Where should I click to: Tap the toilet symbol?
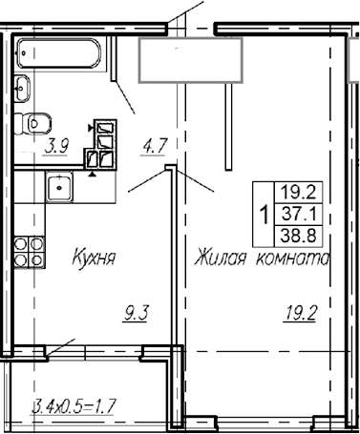pyautogui.click(x=37, y=122)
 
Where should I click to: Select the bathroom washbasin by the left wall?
pyautogui.click(x=22, y=89)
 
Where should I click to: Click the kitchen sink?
pyautogui.click(x=59, y=187)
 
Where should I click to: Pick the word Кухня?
pyautogui.click(x=94, y=258)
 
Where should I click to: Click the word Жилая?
pyautogui.click(x=218, y=258)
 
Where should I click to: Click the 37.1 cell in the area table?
pyautogui.click(x=304, y=211)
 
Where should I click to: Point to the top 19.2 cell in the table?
pyautogui.click(x=304, y=191)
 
